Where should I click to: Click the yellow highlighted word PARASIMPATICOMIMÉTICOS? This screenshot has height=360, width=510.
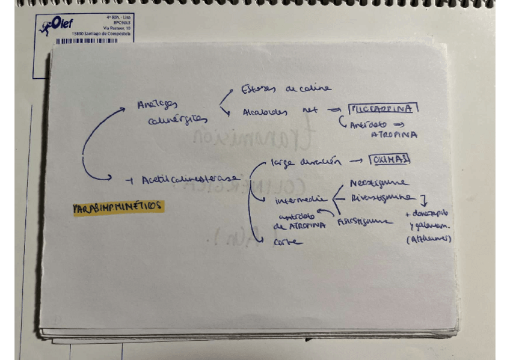pos(117,207)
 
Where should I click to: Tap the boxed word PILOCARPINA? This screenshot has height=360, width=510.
pos(383,109)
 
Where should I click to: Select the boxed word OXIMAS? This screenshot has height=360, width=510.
pos(390,160)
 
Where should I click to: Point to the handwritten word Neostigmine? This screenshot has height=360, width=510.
pos(378,183)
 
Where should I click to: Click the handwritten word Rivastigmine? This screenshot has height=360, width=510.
pos(382,197)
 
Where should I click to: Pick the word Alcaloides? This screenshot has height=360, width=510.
pos(265,112)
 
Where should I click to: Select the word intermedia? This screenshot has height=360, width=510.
pos(300,200)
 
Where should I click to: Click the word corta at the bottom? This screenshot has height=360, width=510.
pos(287,242)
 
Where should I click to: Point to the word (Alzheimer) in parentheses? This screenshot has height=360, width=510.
pos(429,239)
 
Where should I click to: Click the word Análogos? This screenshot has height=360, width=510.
pos(158,103)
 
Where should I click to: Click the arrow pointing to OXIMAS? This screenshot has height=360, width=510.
pos(356,161)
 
